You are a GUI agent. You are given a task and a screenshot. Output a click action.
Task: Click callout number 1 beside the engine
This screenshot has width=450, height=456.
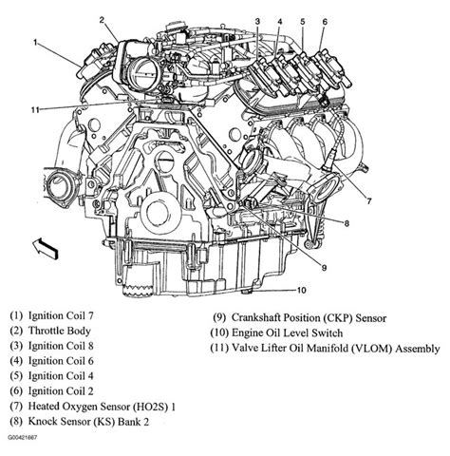pos(35,43)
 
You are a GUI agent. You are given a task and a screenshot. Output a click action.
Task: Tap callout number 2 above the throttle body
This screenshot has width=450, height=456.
pos(114,9)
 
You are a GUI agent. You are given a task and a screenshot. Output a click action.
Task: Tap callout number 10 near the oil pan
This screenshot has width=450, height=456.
pos(301,290)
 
